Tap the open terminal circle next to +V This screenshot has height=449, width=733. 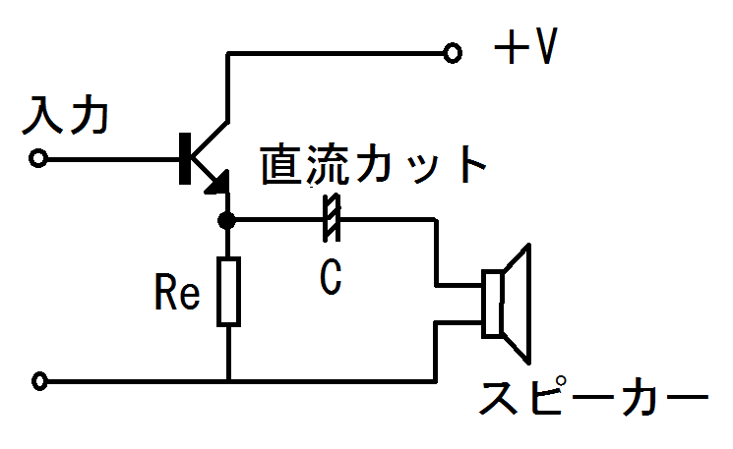pyautogui.click(x=453, y=53)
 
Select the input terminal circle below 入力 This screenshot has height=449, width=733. pyautogui.click(x=39, y=157)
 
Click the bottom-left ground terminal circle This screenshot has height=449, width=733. pyautogui.click(x=39, y=380)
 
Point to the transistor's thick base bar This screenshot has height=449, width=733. pyautogui.click(x=185, y=157)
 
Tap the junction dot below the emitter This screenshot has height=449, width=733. pyautogui.click(x=228, y=219)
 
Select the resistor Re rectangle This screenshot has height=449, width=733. pyautogui.click(x=228, y=291)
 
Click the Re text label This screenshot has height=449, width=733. pyautogui.click(x=178, y=292)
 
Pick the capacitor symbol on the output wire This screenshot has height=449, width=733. pyautogui.click(x=332, y=219)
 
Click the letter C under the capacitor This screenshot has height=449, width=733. pyautogui.click(x=332, y=278)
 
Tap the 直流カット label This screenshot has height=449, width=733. pyautogui.click(x=374, y=167)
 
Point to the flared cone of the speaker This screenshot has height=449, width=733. pyautogui.click(x=519, y=302)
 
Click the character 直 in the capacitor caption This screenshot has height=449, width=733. pyautogui.click(x=282, y=167)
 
